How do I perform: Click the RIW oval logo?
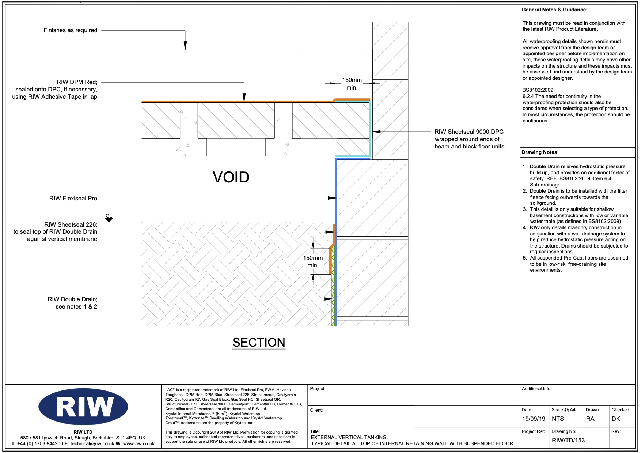pyautogui.click(x=83, y=406)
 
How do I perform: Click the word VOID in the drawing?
pyautogui.click(x=231, y=177)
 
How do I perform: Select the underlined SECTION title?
pyautogui.click(x=259, y=343)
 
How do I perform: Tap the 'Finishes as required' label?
pyautogui.click(x=70, y=30)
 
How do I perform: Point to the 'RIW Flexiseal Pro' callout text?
pyautogui.click(x=73, y=198)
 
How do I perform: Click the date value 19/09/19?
pyautogui.click(x=534, y=419)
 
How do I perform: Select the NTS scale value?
pyautogui.click(x=558, y=419)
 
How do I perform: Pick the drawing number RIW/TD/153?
pyautogui.click(x=568, y=440)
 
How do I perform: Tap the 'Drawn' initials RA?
pyautogui.click(x=590, y=419)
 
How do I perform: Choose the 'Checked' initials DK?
pyautogui.click(x=616, y=419)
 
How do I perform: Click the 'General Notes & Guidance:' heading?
pyautogui.click(x=554, y=10)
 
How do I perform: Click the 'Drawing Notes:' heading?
pyautogui.click(x=540, y=152)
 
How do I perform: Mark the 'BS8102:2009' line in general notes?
pyautogui.click(x=538, y=90)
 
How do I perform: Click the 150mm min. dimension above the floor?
pyautogui.click(x=352, y=84)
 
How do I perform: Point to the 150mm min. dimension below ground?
pyautogui.click(x=313, y=261)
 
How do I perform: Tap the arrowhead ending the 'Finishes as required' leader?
pyautogui.click(x=185, y=46)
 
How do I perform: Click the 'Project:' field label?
pyautogui.click(x=318, y=389)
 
